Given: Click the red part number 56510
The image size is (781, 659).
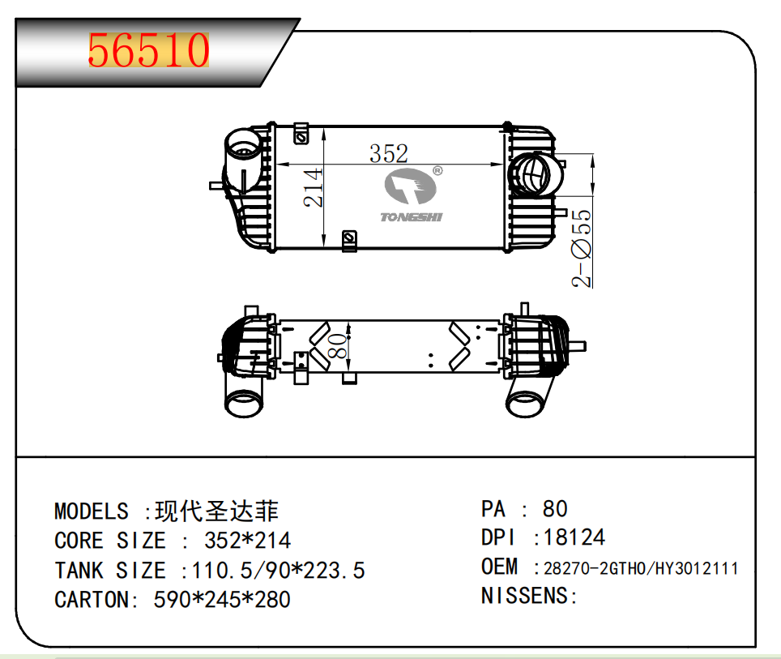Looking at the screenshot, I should (148, 51).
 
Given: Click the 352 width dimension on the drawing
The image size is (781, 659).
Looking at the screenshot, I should (389, 153).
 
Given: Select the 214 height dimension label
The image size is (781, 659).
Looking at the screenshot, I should (314, 187).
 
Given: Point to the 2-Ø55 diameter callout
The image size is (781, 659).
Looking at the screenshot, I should (582, 248).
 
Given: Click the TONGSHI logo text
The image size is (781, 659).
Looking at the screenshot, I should (412, 216).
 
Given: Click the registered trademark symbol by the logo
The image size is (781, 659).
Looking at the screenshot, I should (437, 171).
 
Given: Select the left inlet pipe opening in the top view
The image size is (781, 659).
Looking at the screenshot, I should (241, 149).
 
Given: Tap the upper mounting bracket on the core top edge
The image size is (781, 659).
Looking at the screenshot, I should (301, 132).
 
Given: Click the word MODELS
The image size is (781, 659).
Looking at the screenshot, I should (91, 511).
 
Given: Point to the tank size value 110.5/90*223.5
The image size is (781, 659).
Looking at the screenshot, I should (278, 571).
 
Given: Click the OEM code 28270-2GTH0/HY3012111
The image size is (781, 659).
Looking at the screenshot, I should (640, 568).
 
